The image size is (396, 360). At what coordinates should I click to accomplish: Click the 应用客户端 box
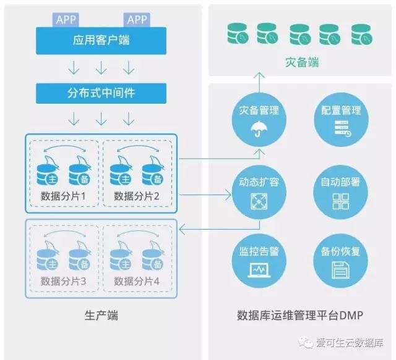pyautogui.click(x=101, y=41)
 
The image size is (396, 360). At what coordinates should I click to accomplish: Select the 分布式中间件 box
pyautogui.click(x=101, y=93)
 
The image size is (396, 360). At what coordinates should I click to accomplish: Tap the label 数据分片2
pyautogui.click(x=137, y=196)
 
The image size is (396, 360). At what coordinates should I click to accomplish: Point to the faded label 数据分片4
pyautogui.click(x=137, y=282)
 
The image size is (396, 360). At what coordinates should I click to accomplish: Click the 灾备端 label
pyautogui.click(x=302, y=63)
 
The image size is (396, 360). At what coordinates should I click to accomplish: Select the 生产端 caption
pyautogui.click(x=101, y=316)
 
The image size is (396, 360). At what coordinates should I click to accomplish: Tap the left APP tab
pyautogui.click(x=66, y=20)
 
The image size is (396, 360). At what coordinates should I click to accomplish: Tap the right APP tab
pyautogui.click(x=137, y=20)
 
